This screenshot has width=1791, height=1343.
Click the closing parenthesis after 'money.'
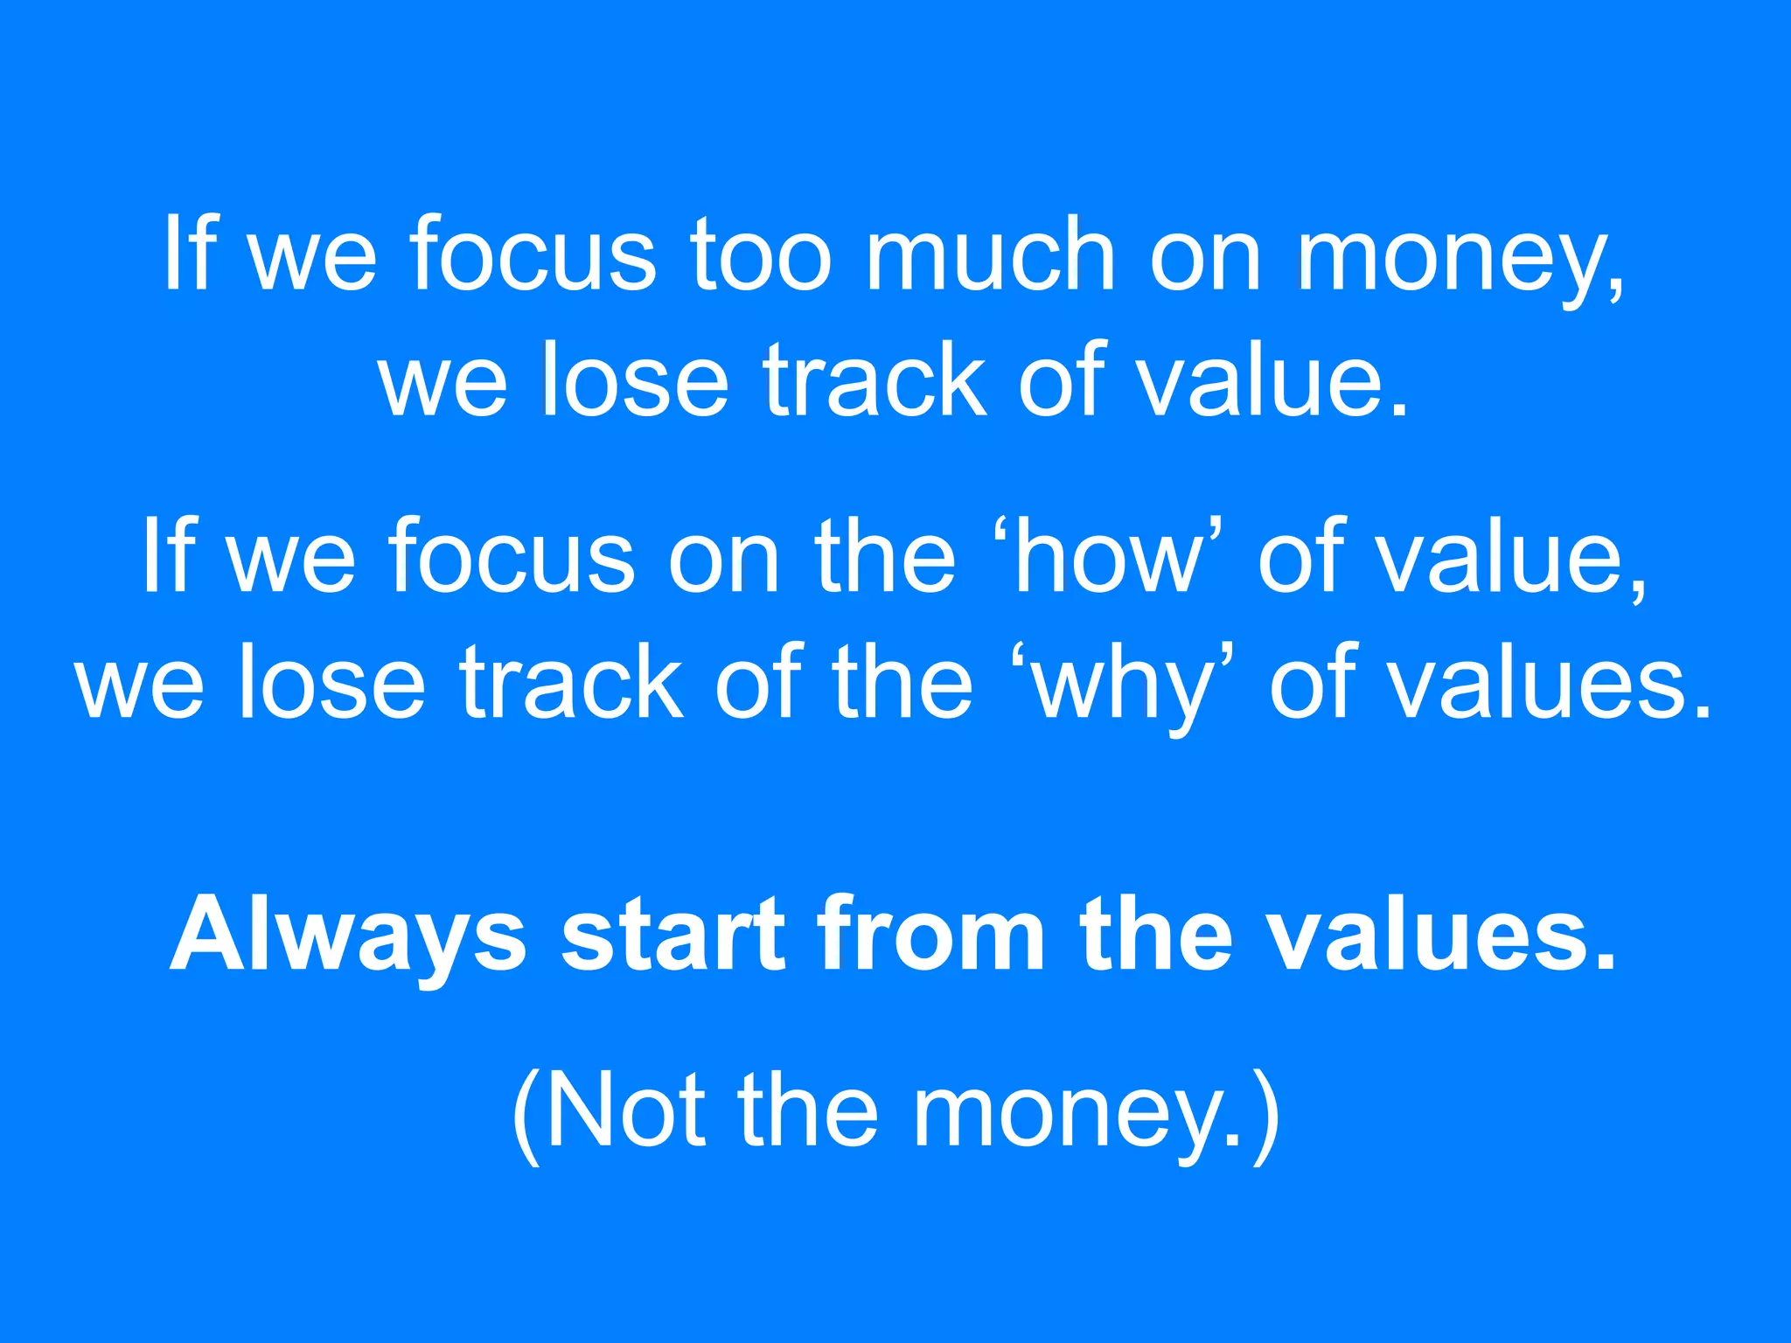coord(1265,1116)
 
